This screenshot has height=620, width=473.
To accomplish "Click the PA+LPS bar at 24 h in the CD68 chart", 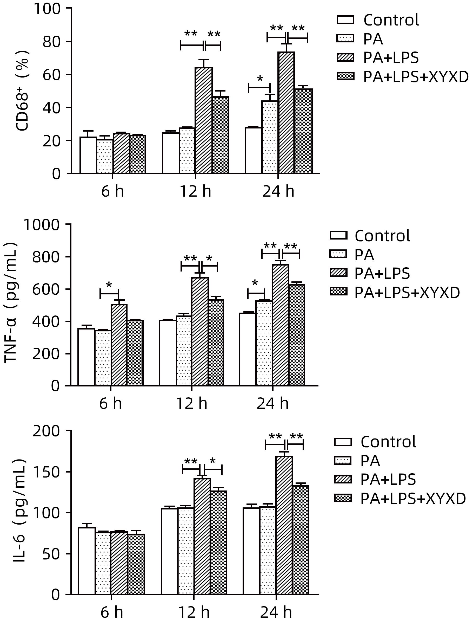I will (x=286, y=113).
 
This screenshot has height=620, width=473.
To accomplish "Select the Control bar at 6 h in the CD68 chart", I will (x=88, y=155).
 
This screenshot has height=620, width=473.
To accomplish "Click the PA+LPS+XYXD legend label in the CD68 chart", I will (x=416, y=77).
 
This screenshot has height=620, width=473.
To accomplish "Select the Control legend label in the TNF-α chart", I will (x=382, y=236).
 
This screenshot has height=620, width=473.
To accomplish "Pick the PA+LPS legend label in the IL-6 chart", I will (x=388, y=479).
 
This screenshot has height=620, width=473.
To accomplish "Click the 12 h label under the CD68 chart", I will (x=195, y=192).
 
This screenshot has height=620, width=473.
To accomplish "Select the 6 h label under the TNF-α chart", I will (x=110, y=404).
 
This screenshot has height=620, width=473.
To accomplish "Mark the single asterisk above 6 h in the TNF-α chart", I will (x=109, y=285).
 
